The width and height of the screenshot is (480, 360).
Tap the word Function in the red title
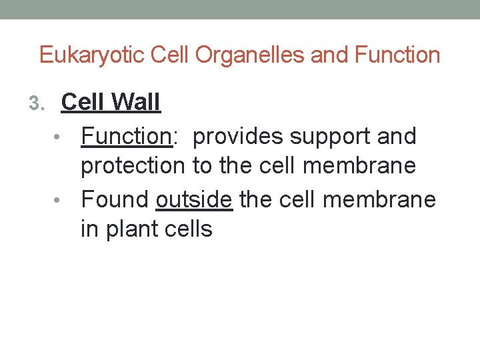pos(398,55)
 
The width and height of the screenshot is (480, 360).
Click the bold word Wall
pos(137,102)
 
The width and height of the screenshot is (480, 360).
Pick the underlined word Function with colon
pos(127,136)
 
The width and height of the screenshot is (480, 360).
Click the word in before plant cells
pos(87,229)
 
